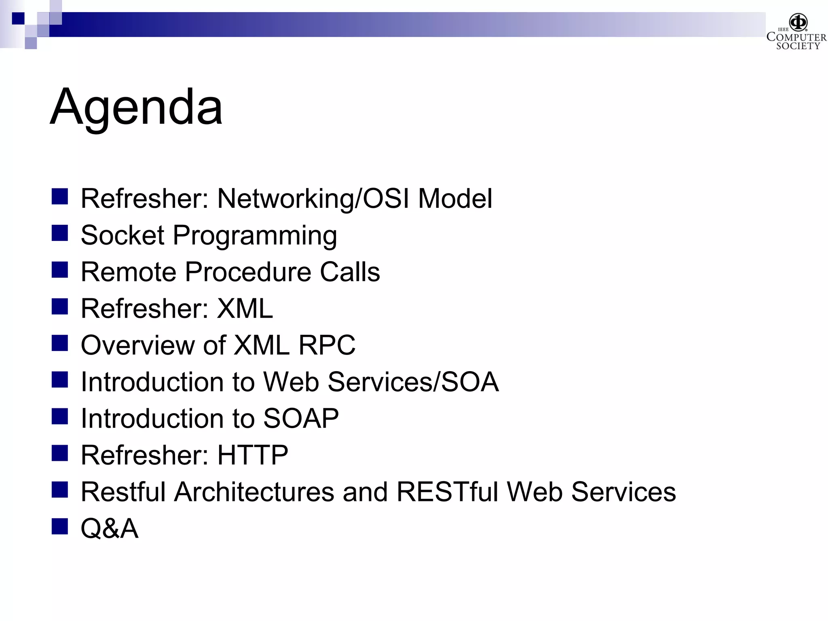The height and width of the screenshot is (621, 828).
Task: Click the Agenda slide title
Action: (136, 107)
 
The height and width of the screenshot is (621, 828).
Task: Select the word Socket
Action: (123, 235)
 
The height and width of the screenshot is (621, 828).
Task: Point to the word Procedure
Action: (248, 272)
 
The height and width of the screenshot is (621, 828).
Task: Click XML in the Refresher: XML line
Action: (245, 308)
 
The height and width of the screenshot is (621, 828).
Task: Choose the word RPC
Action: (327, 345)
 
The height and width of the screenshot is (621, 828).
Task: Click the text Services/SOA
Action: (413, 382)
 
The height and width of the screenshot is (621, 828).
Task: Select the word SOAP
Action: (301, 418)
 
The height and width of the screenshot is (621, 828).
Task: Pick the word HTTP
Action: (253, 455)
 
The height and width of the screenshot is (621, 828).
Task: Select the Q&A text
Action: (110, 528)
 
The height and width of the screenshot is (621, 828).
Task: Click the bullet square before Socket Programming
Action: (59, 233)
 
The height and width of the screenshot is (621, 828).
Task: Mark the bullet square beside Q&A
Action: (59, 526)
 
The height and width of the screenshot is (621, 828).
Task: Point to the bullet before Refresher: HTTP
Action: (59, 453)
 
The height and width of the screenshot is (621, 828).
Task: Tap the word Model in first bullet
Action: (455, 199)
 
